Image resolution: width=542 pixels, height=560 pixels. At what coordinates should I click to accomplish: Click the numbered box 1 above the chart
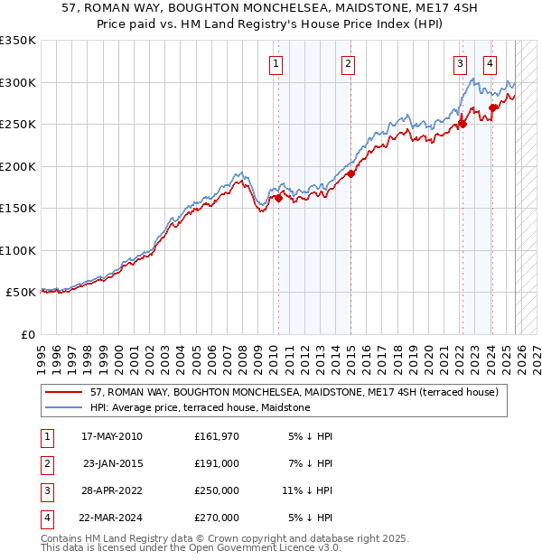point(275,63)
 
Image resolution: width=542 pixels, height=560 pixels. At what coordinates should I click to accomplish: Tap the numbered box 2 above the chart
point(348,63)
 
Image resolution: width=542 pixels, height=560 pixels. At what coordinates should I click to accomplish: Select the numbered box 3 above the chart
point(461,63)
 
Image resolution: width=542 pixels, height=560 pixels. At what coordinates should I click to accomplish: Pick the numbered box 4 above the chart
point(490,63)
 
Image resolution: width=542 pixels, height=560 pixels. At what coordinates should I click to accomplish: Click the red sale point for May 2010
point(278,199)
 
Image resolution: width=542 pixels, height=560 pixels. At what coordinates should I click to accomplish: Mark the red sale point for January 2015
point(350,174)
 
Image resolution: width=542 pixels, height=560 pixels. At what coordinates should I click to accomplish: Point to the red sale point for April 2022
point(462,125)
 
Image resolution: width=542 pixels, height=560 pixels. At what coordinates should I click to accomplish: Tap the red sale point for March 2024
point(492,107)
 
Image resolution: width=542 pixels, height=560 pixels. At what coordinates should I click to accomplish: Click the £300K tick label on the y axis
point(18,82)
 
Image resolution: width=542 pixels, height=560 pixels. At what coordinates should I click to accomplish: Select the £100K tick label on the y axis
point(18,250)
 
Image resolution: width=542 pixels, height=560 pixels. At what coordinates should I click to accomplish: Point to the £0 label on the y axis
point(27,334)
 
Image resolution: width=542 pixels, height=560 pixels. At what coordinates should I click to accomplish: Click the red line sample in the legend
point(63,393)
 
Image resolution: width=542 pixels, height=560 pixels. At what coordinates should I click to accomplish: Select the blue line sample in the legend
point(63,408)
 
